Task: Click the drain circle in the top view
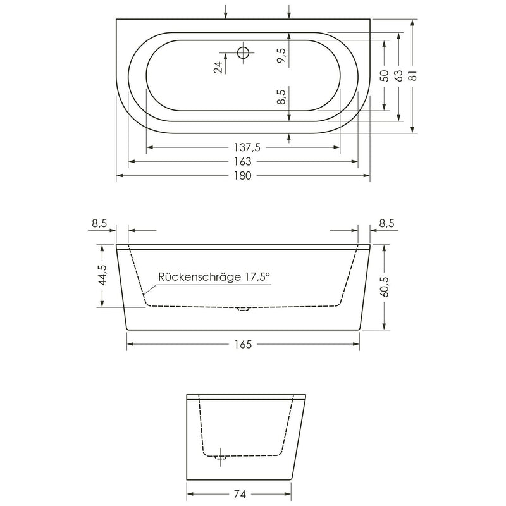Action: [243, 52]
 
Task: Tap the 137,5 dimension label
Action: [247, 147]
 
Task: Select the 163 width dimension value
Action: [243, 161]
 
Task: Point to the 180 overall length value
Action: [243, 176]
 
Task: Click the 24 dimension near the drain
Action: [218, 67]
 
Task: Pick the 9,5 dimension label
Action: [281, 56]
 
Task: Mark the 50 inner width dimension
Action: [385, 75]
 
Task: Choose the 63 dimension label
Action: [399, 75]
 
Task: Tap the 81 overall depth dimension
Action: [414, 75]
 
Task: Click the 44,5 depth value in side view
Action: [102, 275]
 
